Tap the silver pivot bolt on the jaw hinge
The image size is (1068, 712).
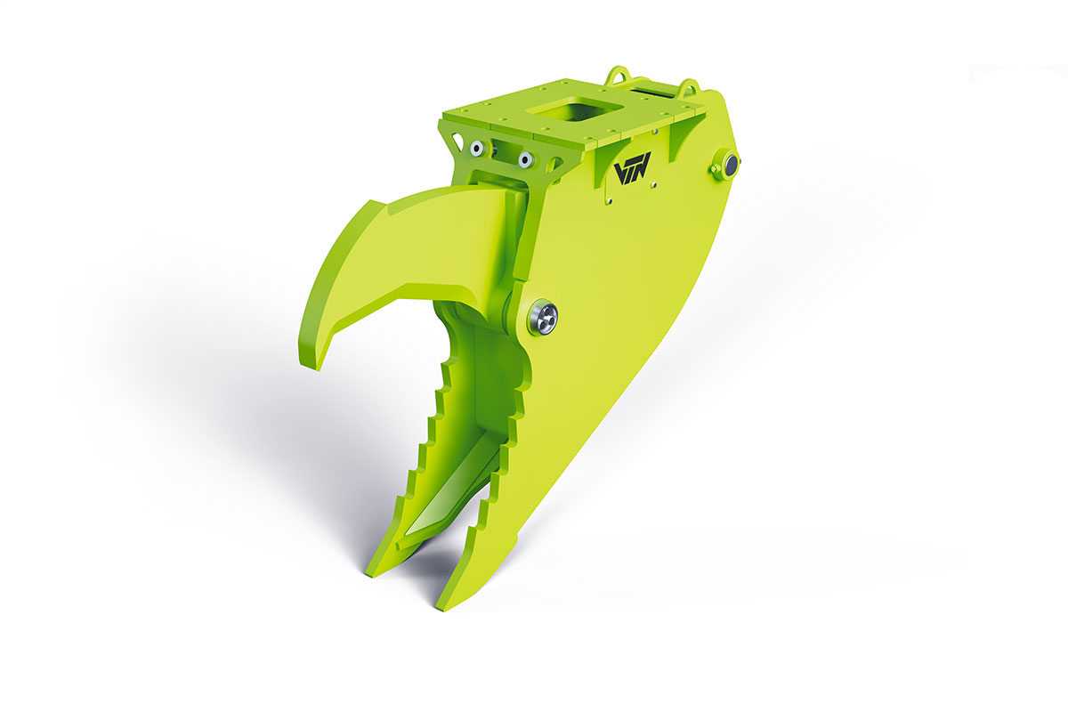(543, 318)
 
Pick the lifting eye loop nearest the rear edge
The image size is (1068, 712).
(687, 86)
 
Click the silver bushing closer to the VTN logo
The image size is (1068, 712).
(525, 159)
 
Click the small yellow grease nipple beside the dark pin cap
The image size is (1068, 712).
(714, 168)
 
